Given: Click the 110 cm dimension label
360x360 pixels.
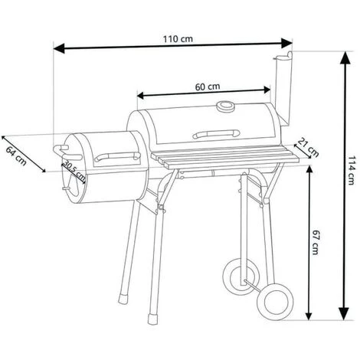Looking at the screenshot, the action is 178,39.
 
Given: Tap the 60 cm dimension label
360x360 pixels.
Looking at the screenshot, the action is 208,87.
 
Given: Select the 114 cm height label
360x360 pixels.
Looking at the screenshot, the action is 350,170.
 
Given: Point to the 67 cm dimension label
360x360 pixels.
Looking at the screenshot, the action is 316,242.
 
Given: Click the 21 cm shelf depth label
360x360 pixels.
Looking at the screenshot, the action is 309,148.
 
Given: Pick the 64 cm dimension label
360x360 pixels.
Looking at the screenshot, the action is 16,156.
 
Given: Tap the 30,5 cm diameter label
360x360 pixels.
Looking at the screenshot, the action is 74,170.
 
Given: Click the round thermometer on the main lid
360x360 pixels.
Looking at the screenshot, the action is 224,106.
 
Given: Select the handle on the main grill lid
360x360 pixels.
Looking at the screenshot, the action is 216,134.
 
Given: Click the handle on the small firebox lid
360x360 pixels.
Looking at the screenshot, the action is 117,156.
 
